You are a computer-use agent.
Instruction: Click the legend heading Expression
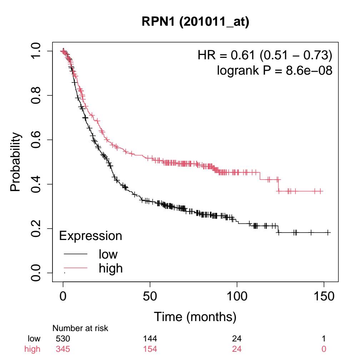point(90,236)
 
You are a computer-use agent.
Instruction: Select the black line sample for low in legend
point(76,254)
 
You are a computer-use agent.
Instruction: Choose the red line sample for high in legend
point(76,267)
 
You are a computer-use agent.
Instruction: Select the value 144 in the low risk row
point(150,338)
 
